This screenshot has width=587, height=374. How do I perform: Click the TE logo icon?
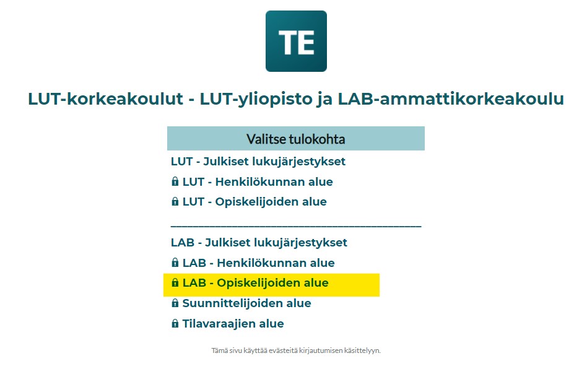[x=296, y=41]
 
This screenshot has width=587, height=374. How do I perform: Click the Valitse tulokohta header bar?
[x=295, y=139]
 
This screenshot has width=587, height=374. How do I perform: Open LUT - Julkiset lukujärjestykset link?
[x=258, y=162]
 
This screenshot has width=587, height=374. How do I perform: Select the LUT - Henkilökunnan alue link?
[x=257, y=182]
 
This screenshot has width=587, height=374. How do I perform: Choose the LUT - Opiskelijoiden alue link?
[x=254, y=202]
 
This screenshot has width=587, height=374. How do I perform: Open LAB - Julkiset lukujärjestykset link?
[x=259, y=243]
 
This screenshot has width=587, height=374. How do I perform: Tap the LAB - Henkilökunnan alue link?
[x=258, y=263]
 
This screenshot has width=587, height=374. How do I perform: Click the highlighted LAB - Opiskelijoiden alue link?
[x=255, y=284]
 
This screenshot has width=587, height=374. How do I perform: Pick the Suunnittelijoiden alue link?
[x=246, y=303]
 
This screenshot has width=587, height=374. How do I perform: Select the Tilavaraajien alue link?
[x=233, y=324]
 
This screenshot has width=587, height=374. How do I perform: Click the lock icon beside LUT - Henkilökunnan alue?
[x=175, y=182]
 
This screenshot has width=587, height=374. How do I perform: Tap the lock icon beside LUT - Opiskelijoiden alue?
[x=175, y=202]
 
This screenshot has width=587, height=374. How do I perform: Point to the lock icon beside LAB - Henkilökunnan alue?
[x=175, y=263]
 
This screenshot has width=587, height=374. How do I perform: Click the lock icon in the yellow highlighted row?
[x=175, y=284]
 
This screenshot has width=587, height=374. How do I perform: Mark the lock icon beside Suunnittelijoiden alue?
[x=175, y=303]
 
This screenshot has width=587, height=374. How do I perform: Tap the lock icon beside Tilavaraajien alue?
[x=175, y=324]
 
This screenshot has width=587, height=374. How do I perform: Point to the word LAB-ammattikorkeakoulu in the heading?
[x=451, y=99]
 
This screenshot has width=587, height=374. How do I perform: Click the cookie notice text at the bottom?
[x=295, y=350]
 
